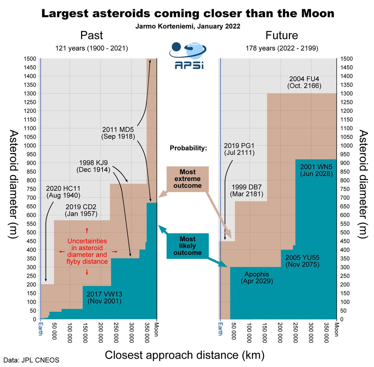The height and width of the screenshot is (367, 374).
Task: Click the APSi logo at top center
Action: pyautogui.click(x=188, y=56)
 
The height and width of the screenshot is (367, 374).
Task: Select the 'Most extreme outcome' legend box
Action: pyautogui.click(x=188, y=179)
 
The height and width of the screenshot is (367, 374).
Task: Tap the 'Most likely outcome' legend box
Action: pyautogui.click(x=188, y=246)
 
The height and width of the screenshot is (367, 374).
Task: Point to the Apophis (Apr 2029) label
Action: pyautogui.click(x=257, y=278)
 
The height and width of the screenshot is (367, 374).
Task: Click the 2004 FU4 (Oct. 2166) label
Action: pyautogui.click(x=304, y=82)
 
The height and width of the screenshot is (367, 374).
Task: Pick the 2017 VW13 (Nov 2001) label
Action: pyautogui.click(x=104, y=298)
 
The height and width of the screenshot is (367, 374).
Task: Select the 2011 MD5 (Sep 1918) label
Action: pyautogui.click(x=118, y=133)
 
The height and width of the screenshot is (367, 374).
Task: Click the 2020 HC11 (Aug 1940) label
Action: pyautogui.click(x=63, y=192)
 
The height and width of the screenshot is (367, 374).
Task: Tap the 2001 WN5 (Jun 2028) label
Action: pyautogui.click(x=316, y=170)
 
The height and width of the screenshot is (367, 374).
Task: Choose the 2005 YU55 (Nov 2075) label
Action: pyautogui.click(x=302, y=261)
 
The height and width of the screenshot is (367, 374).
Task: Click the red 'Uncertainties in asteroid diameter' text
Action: pyautogui.click(x=87, y=251)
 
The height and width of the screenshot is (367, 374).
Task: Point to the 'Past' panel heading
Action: pyautogui.click(x=92, y=35)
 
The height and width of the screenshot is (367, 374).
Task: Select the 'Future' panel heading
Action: pyautogui.click(x=282, y=35)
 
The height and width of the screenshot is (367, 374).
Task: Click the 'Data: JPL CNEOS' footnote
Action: pyautogui.click(x=31, y=360)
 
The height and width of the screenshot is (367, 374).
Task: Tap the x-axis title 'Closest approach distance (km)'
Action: pyautogui.click(x=185, y=355)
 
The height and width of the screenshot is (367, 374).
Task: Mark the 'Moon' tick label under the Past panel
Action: pyautogui.click(x=156, y=329)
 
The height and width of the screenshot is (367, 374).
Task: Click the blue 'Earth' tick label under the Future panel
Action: pyautogui.click(x=220, y=329)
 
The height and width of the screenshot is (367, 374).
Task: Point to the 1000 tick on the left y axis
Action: pyautogui.click(x=31, y=145)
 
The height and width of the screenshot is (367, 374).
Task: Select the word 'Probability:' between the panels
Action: pyautogui.click(x=188, y=148)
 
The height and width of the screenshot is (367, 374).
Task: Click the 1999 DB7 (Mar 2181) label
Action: pyautogui.click(x=247, y=191)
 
